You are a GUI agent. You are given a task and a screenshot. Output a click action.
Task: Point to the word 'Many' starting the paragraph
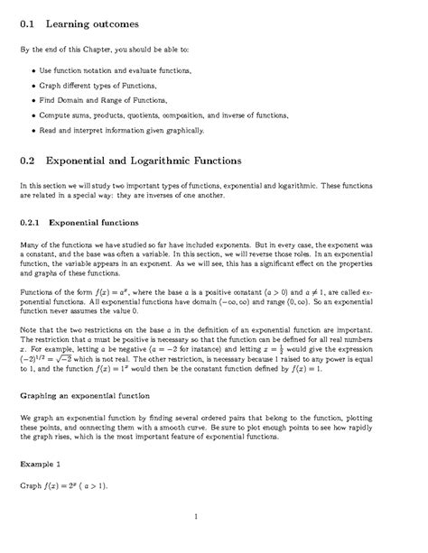pos(30,244)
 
